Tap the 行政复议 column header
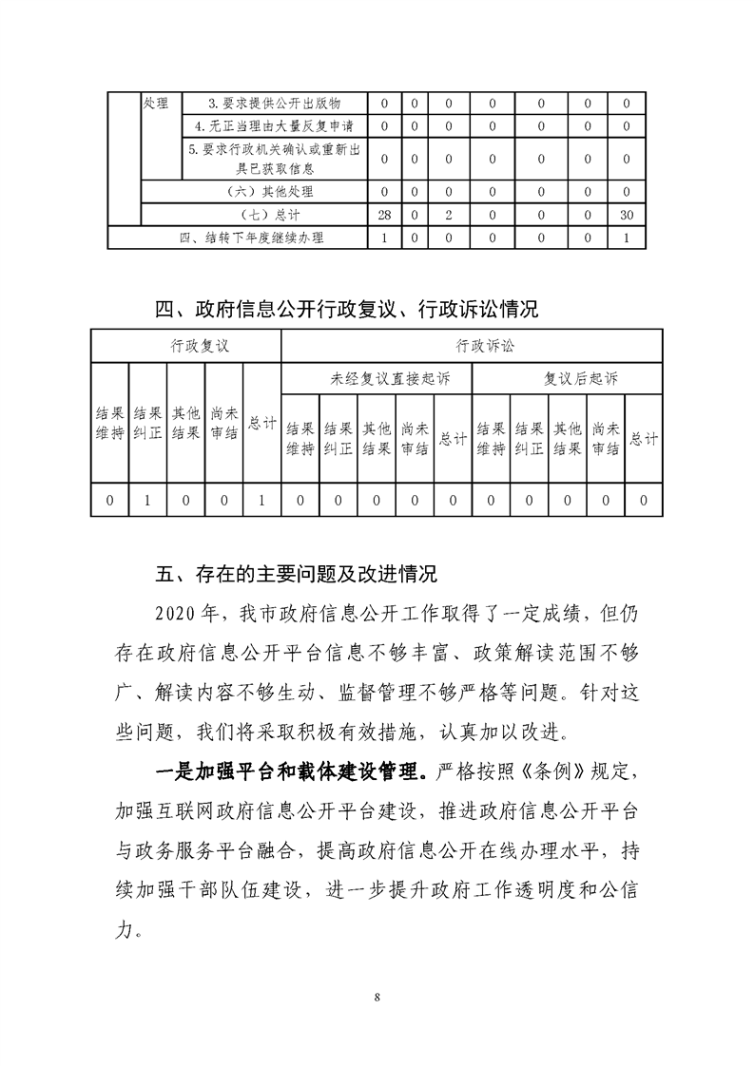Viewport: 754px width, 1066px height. [186, 346]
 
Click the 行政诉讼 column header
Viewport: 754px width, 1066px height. [472, 346]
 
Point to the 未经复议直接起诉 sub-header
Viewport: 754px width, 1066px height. [377, 379]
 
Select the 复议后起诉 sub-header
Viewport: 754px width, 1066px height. [567, 379]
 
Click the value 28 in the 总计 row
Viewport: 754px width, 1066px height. [384, 216]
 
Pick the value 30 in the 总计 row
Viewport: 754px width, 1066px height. [626, 216]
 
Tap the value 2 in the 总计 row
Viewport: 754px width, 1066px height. [447, 216]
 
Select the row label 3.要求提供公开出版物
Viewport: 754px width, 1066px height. [274, 103]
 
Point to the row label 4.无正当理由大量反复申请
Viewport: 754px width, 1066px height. [274, 125]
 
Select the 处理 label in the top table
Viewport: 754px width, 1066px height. [155, 103]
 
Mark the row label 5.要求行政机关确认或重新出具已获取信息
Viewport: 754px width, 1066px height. [274, 159]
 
